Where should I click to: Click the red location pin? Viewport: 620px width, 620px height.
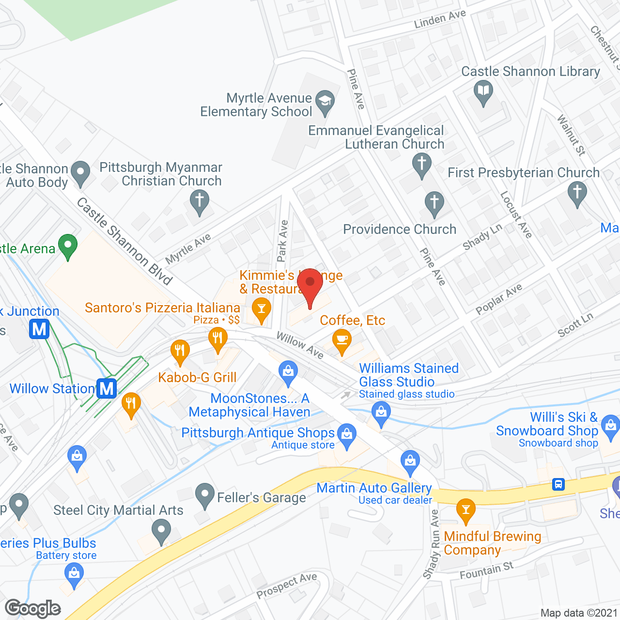310,285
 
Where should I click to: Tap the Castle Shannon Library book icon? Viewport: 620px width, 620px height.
483,91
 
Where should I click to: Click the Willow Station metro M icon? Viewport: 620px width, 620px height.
107,388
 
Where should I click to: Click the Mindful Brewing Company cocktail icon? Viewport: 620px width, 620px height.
466,510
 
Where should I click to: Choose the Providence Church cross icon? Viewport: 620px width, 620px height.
434,202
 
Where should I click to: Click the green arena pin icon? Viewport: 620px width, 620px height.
68,245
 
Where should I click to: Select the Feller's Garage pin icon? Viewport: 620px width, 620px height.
204,495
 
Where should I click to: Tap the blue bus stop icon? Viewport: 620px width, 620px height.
558,484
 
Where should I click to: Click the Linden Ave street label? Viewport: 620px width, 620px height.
440,19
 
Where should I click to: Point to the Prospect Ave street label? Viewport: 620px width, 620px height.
287,585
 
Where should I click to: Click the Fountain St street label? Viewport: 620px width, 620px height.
486,571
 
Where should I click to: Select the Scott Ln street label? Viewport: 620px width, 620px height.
575,325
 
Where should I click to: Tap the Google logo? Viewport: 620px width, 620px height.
33,608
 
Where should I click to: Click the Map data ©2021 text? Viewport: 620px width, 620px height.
579,613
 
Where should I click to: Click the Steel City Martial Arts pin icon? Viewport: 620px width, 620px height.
161,531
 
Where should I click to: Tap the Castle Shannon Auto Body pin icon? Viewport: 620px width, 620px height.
80,172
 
